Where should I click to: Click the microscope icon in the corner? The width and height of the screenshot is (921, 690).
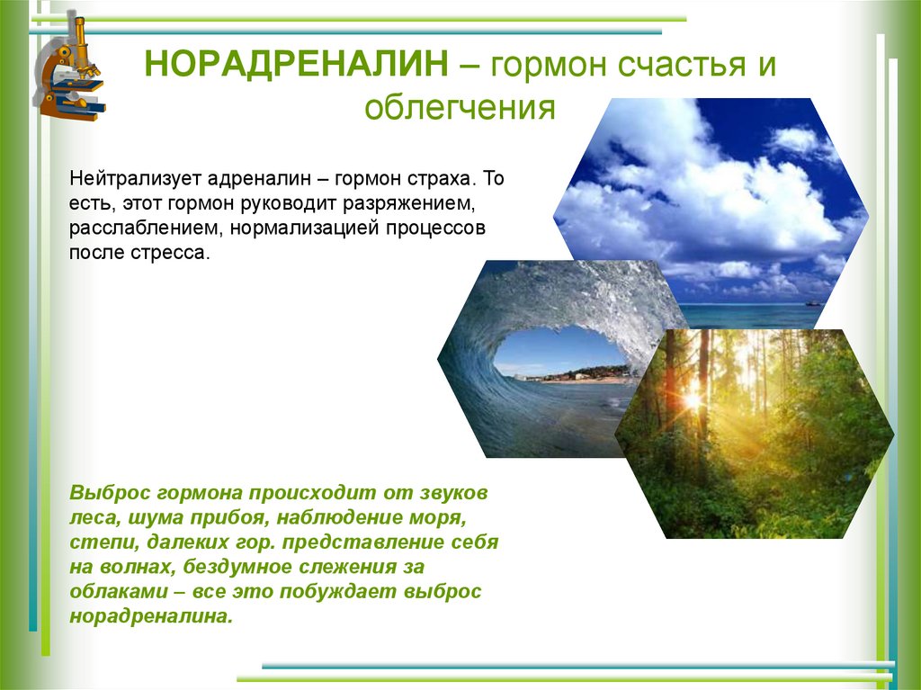(x=69, y=70)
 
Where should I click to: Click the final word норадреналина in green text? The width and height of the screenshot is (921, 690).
(x=150, y=618)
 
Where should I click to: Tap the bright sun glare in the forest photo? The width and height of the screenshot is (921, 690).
(x=693, y=397)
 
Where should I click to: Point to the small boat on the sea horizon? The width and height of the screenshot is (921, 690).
(x=813, y=302)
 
